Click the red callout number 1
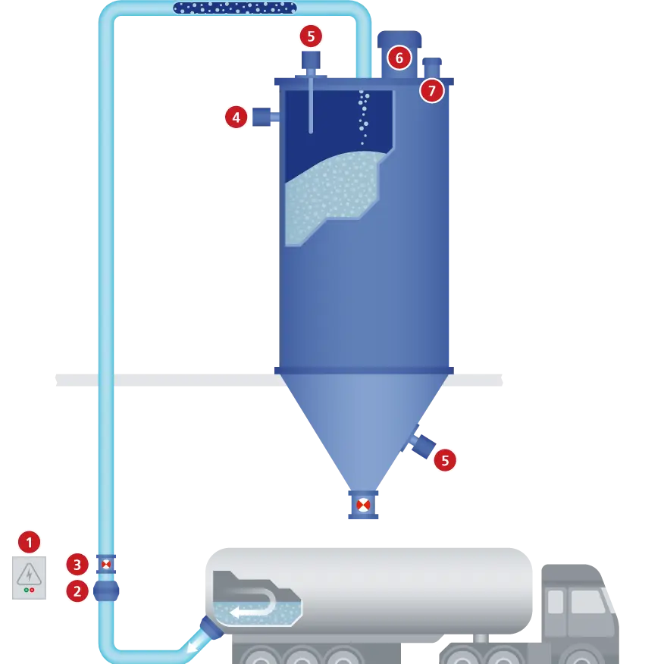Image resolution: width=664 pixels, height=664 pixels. tap(30, 541)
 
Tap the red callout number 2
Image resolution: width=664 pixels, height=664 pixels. tap(77, 590)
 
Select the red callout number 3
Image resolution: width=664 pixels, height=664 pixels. tap(77, 564)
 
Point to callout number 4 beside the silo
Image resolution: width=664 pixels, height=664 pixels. tap(236, 117)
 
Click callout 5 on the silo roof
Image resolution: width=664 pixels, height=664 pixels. tap(311, 36)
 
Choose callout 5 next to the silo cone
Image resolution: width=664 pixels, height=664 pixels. tap(444, 460)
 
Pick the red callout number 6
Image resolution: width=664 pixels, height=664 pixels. tap(399, 58)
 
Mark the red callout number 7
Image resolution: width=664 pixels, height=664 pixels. tap(431, 91)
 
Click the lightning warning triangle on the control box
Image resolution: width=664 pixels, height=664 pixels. tap(30, 573)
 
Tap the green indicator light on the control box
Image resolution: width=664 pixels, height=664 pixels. tap(27, 590)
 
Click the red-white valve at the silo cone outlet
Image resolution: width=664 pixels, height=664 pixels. tap(363, 505)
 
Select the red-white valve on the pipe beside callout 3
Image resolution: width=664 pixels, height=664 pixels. tap(106, 564)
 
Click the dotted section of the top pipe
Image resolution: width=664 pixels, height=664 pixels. tap(234, 8)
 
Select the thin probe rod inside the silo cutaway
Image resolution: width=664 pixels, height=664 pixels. tap(311, 106)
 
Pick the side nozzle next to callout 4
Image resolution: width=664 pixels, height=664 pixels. tap(264, 117)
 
